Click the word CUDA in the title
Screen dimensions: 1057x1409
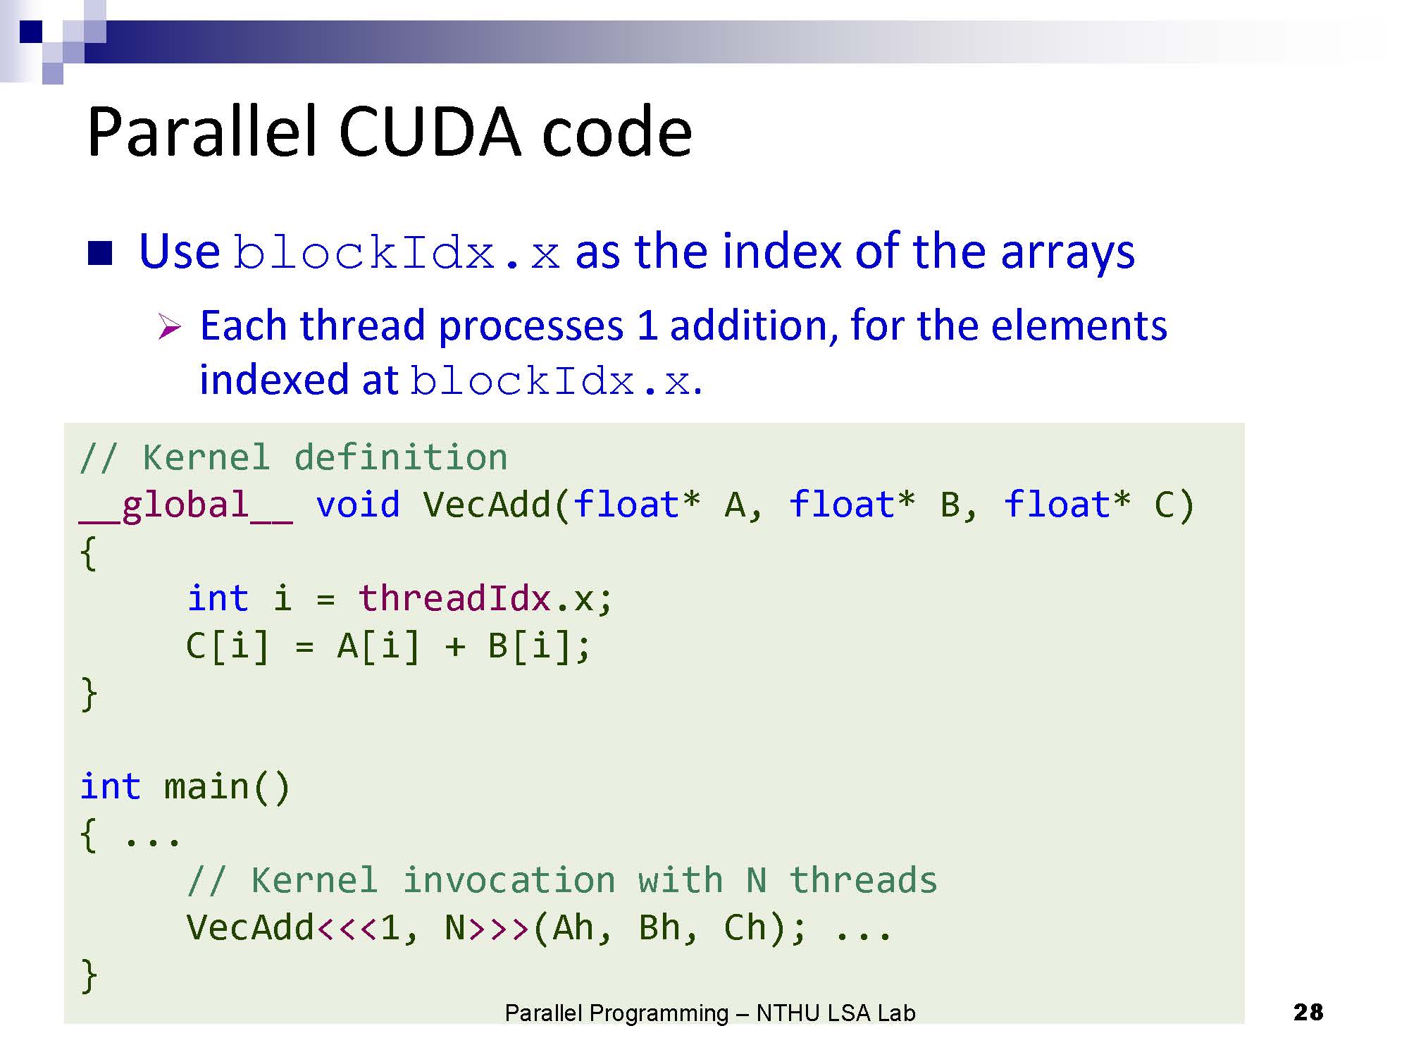(x=429, y=132)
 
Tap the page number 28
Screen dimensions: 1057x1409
(x=1308, y=1012)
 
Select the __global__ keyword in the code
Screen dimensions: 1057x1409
(x=186, y=505)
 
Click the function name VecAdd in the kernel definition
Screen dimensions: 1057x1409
(x=487, y=505)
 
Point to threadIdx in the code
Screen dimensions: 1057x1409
(x=454, y=599)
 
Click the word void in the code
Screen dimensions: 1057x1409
(x=358, y=505)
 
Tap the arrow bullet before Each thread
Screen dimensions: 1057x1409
(x=169, y=327)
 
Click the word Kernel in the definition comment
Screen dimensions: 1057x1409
(x=206, y=458)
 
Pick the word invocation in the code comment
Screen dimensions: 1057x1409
(x=509, y=881)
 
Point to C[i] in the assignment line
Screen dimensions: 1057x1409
(x=228, y=646)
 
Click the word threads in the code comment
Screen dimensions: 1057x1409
(x=863, y=881)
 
